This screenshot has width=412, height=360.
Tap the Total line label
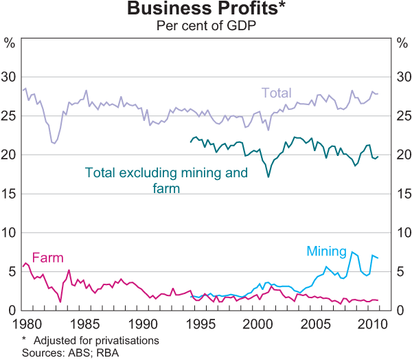tap(276, 93)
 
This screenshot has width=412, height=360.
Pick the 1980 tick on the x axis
tap(27, 324)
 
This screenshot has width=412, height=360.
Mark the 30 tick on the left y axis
tap(10, 77)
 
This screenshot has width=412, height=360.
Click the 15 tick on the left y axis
tap(10, 194)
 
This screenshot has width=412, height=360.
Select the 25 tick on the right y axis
tap(402, 116)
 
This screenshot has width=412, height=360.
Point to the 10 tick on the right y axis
tap(402, 234)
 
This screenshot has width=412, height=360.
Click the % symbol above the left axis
tap(10, 43)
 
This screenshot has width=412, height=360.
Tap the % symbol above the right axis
tap(402, 43)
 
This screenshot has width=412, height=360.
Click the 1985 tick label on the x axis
tap(85, 324)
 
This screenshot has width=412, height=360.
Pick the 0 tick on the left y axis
tap(12, 311)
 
